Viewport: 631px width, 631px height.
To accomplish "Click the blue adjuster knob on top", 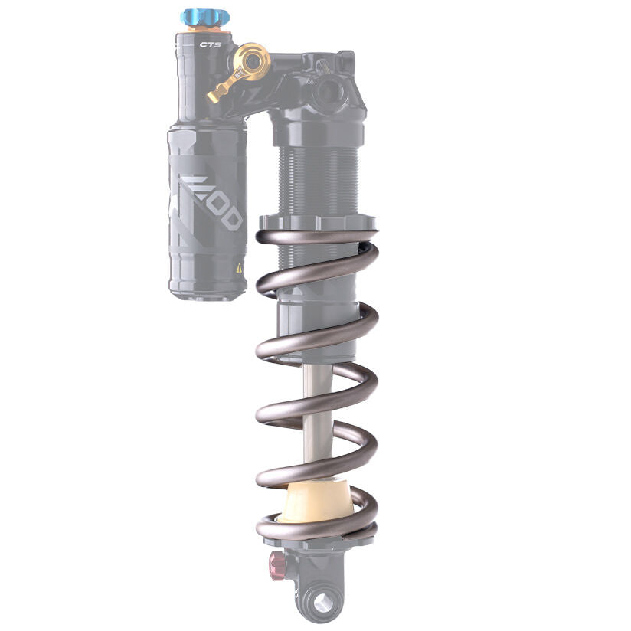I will click(x=200, y=17).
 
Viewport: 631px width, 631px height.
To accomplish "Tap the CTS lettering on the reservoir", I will click(x=209, y=44).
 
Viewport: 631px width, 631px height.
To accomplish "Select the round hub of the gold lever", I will click(x=252, y=60).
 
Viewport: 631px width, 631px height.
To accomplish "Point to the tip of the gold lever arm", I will click(x=213, y=96).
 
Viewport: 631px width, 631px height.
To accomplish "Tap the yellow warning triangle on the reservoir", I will click(x=239, y=268).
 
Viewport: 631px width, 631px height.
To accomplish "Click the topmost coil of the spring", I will click(x=315, y=238).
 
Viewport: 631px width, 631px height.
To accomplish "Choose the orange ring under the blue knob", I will click(x=201, y=28).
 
